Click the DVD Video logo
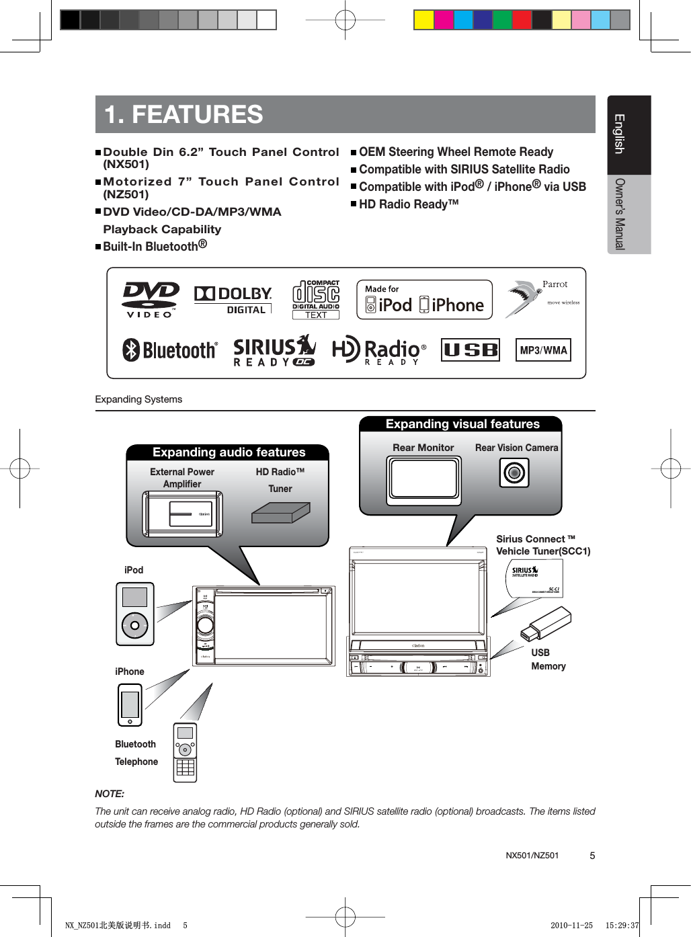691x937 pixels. [151, 299]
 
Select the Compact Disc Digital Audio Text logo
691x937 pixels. [316, 300]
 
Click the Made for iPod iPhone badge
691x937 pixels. [424, 300]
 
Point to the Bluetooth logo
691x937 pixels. [170, 350]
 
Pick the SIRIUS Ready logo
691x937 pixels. [274, 351]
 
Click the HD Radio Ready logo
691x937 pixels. [379, 351]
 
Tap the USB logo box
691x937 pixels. [471, 350]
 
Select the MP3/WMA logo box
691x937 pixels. [543, 350]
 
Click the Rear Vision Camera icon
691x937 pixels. [514, 473]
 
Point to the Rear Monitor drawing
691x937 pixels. [423, 480]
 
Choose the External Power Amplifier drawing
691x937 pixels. [183, 514]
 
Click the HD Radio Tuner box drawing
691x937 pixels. [280, 513]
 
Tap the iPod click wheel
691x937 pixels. [135, 626]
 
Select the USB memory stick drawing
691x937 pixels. [546, 623]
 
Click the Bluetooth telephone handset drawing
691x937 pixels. [185, 752]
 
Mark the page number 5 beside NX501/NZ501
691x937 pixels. [592, 856]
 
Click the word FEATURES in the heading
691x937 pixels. [197, 114]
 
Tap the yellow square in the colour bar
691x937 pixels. [423, 19]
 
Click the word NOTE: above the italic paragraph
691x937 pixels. [110, 794]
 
